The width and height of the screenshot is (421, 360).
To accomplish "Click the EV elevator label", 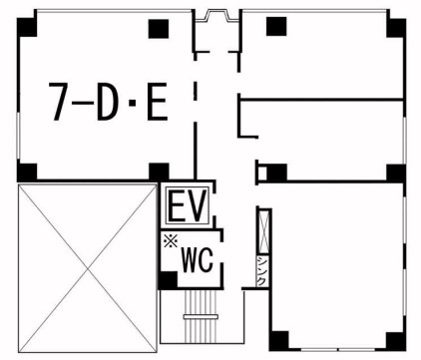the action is (x=188, y=206).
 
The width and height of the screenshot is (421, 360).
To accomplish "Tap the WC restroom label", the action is (x=198, y=261).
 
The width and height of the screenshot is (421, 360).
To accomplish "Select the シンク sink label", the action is (x=261, y=271).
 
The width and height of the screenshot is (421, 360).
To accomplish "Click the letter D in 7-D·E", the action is (x=108, y=102).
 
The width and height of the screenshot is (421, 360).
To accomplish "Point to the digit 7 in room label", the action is (x=58, y=102).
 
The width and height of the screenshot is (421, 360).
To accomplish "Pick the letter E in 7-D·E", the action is (x=158, y=102).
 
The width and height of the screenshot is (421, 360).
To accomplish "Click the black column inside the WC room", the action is (x=169, y=280).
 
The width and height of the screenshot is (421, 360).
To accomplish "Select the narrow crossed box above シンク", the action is (x=264, y=231).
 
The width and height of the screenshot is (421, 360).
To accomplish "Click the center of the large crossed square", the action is (x=88, y=268).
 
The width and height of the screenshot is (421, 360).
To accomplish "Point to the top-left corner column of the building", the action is (x=27, y=27).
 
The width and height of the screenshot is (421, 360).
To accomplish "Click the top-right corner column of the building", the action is (x=396, y=28).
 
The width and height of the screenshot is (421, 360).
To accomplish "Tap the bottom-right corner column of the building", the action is (x=396, y=341).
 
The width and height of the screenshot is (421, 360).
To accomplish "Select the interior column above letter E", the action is (x=159, y=29).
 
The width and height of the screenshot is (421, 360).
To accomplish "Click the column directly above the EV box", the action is (x=159, y=172).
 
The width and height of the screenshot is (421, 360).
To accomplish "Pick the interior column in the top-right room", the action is (x=276, y=27).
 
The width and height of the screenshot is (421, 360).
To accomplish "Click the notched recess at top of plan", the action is (x=216, y=15).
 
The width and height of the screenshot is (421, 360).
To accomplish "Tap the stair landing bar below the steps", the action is (x=201, y=317).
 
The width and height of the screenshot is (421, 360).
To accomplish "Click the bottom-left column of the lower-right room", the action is (x=278, y=341).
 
